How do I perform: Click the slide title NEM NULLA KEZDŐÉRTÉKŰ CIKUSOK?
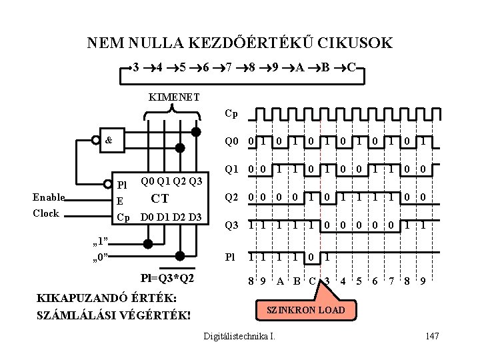[239, 44]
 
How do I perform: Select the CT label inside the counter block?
[160, 198]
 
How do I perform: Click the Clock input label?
[46, 213]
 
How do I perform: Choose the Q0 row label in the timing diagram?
[231, 141]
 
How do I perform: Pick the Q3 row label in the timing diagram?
[231, 225]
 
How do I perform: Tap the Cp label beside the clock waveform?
[231, 113]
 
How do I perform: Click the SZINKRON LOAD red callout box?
[306, 311]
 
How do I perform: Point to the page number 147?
[431, 335]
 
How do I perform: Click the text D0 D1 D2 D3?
[170, 218]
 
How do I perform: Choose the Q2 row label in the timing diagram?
[231, 197]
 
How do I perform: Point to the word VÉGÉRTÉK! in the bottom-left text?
[151, 313]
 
